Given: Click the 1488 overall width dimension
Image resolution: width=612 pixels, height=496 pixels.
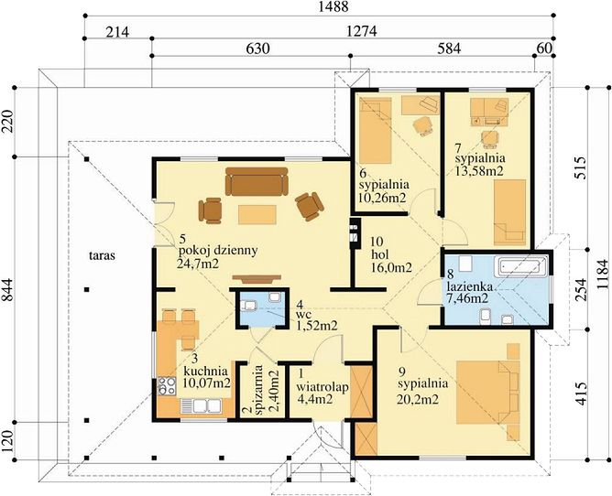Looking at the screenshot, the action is [333, 6].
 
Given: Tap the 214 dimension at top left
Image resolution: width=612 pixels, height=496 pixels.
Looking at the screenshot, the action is [117, 31].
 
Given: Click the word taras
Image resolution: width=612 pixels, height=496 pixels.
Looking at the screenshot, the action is [102, 256].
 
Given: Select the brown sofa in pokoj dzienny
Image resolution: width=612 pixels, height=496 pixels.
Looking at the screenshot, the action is [257, 181].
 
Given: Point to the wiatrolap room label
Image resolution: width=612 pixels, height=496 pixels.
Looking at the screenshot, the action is [322, 387].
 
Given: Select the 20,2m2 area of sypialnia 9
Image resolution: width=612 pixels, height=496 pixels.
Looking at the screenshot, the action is [418, 399].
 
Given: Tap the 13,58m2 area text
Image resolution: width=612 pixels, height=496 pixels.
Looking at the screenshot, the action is [479, 171].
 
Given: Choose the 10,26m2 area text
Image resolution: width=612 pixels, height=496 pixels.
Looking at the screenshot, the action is [383, 198].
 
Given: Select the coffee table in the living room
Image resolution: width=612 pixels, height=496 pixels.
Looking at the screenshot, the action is [257, 214].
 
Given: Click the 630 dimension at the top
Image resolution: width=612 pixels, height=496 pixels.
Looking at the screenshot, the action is [257, 49].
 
